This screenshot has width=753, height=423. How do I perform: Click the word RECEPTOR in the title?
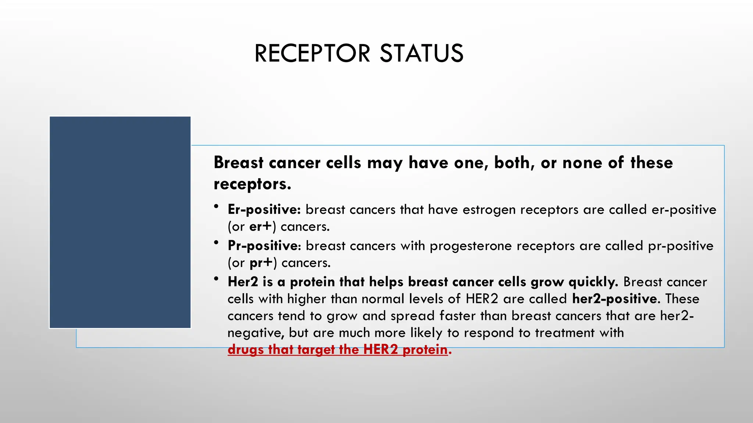coord(312,54)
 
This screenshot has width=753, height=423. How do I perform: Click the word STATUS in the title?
coord(421,54)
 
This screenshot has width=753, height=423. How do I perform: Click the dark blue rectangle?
coord(120,222)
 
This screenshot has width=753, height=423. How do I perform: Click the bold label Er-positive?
coord(264,210)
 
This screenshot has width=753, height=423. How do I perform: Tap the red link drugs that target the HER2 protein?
coord(338,350)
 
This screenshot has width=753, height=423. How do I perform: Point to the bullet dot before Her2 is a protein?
coord(217,279)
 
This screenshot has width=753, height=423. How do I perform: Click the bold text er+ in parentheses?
coord(261,227)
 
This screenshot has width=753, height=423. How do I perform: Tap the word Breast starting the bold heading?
coord(239,163)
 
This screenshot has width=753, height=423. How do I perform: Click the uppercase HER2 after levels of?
coord(482,299)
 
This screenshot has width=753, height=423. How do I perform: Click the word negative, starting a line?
coord(256,333)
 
